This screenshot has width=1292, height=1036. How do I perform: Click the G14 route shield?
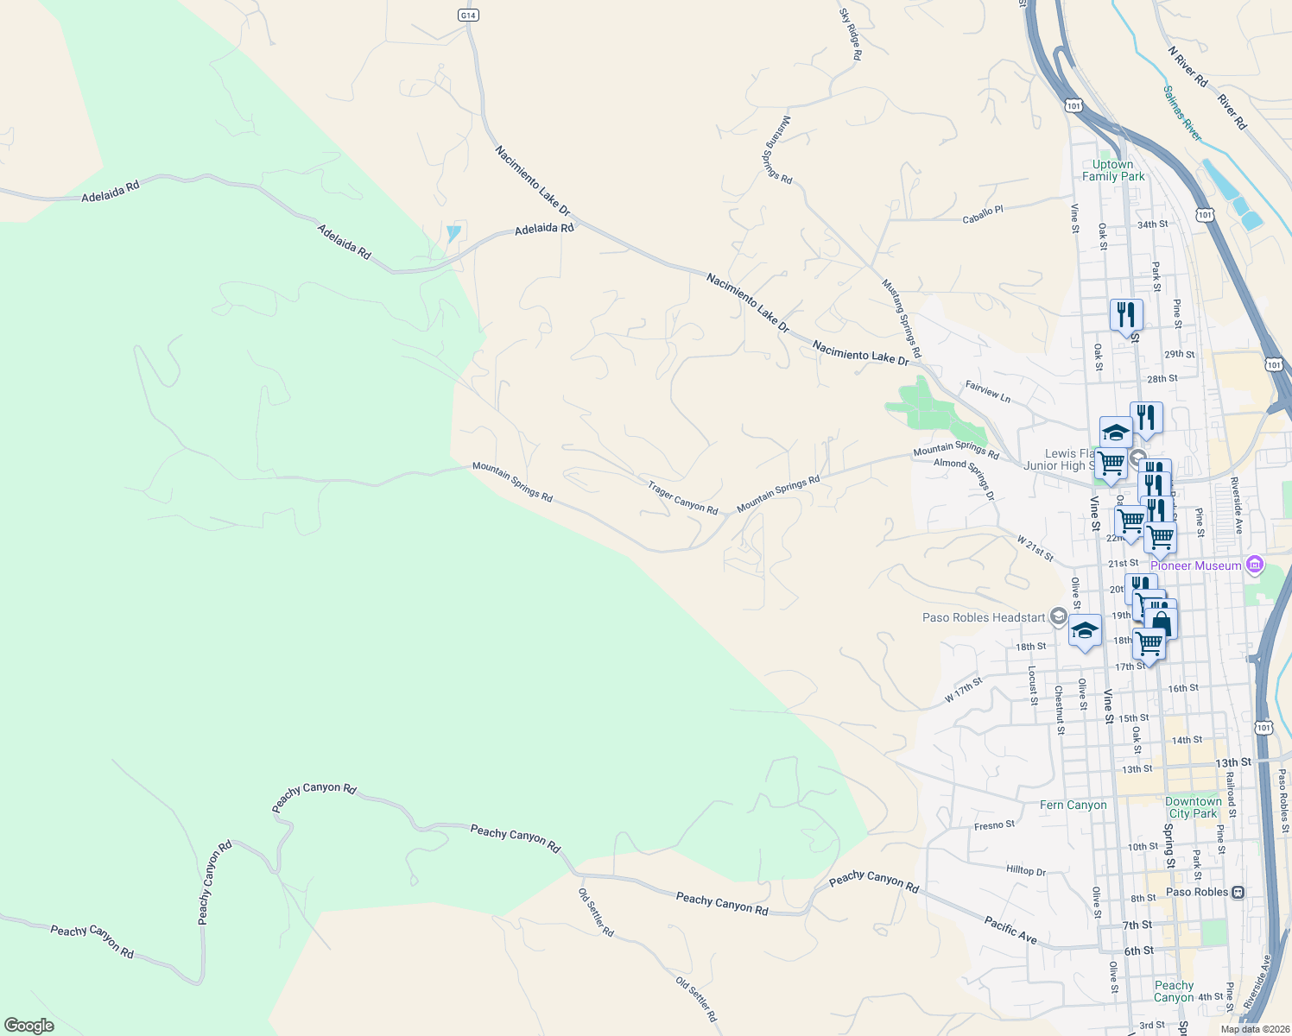click(467, 16)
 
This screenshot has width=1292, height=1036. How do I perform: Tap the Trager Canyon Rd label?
click(683, 499)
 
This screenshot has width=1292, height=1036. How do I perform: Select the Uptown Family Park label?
click(1113, 170)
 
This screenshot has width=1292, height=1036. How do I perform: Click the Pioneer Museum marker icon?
click(1255, 565)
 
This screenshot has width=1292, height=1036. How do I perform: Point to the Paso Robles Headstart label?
click(984, 617)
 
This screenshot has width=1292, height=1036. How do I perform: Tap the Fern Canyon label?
click(1073, 805)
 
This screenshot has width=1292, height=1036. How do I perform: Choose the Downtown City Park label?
click(1193, 807)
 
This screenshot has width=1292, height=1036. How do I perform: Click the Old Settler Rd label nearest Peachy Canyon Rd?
click(596, 913)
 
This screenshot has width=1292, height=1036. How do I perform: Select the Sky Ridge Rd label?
click(850, 35)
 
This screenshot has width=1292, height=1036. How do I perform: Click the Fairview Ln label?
click(987, 392)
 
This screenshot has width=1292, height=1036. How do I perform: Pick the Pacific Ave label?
click(1010, 930)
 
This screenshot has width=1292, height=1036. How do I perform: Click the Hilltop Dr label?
click(1026, 870)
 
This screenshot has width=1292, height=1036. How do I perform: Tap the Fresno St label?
click(994, 825)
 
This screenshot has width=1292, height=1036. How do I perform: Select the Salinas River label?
click(1181, 113)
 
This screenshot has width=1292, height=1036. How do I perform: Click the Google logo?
click(29, 1025)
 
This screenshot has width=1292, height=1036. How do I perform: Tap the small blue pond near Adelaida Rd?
click(453, 233)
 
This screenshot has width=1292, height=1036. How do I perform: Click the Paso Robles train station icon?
click(1238, 892)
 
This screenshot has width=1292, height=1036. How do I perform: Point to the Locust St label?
click(1032, 685)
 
